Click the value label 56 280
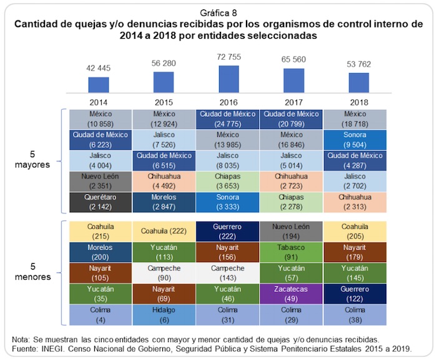click(x=164, y=64)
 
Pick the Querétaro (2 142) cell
click(x=100, y=201)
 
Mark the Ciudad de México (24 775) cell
click(x=229, y=119)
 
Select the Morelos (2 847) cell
click(x=164, y=201)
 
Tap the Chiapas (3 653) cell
click(x=229, y=180)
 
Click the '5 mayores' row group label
click(x=32, y=160)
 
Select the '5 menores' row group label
click(x=32, y=271)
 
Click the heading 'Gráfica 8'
click(x=218, y=12)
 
